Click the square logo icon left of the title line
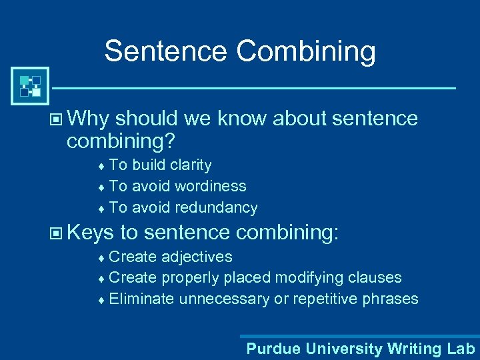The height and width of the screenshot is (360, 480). coord(30,86)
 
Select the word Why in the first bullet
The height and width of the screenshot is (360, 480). coord(88,119)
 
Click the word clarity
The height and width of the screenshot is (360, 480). coord(191,165)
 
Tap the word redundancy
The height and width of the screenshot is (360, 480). coord(216,208)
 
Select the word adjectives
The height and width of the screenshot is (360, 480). coord(201,257)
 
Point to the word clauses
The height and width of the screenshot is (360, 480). coord(373,277)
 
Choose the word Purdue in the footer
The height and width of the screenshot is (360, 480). coord(270,348)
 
